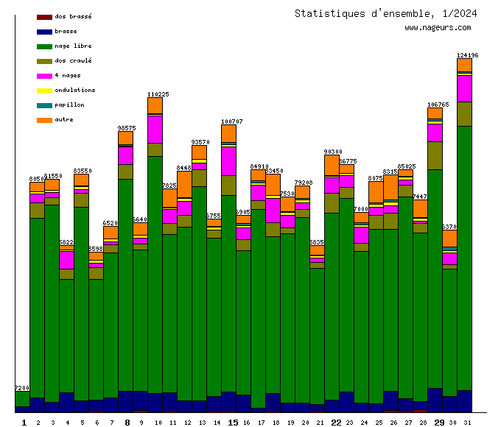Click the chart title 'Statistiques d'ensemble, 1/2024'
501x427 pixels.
pos(385,13)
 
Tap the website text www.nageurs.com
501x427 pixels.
pos(438,28)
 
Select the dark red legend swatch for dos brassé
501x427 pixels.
pos(44,16)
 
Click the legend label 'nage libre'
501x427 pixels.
pos(73,46)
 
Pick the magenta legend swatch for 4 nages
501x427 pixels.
pos(44,75)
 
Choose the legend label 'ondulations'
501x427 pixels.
pos(74,90)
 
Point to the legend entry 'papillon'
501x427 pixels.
pos(69,105)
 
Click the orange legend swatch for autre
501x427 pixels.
pos(44,119)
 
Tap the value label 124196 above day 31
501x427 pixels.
pos(467,55)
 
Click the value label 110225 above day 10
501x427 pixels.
pos(158,94)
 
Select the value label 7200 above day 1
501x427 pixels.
pos(22,388)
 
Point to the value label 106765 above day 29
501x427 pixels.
pos(438,105)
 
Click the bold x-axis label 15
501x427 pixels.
pos(233,422)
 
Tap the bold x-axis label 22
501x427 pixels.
pos(336,422)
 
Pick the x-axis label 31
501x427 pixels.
pos(467,422)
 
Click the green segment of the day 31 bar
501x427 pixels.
pos(464,258)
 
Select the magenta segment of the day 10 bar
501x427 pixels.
pos(155,129)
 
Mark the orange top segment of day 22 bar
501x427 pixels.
pos(332,166)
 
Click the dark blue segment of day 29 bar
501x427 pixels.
pos(435,399)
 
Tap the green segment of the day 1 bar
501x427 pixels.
pos(22,398)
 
